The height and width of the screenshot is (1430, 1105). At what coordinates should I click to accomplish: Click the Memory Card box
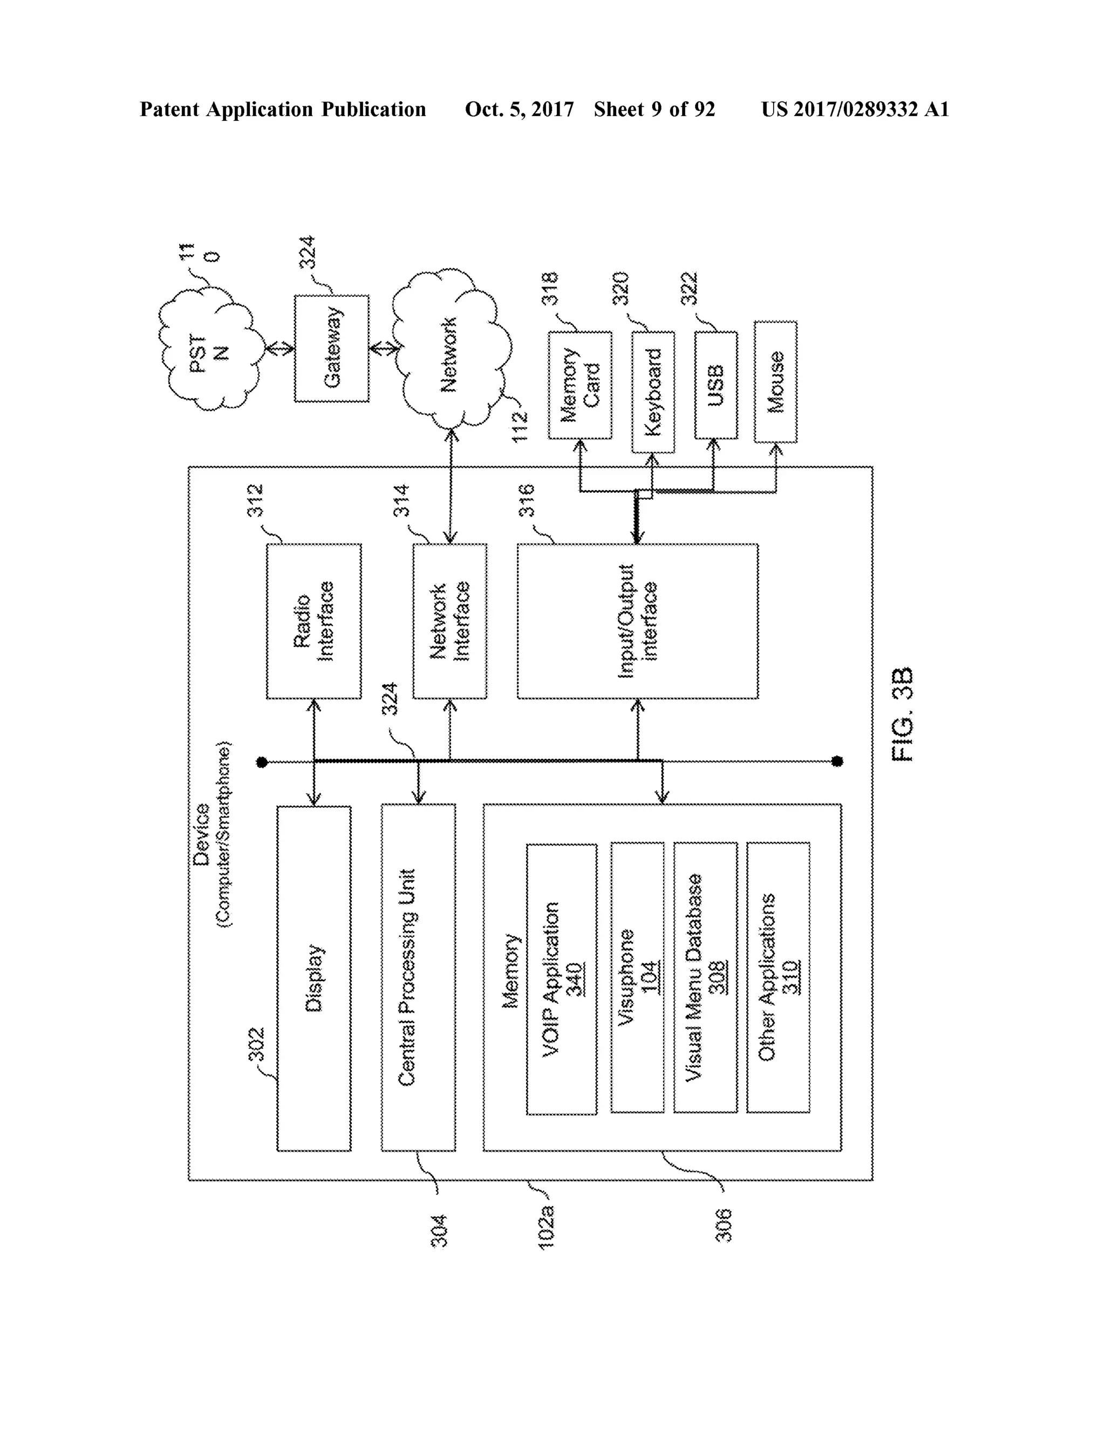click(580, 385)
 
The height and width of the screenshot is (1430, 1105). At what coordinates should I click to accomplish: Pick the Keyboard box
click(653, 392)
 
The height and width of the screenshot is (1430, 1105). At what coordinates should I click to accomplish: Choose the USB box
click(715, 385)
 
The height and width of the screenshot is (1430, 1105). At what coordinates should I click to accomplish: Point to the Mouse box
click(775, 382)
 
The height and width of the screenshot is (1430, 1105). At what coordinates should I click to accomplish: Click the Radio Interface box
click(313, 621)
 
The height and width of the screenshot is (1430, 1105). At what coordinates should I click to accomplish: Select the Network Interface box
click(450, 621)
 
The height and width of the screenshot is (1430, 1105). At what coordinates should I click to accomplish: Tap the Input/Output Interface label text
click(637, 621)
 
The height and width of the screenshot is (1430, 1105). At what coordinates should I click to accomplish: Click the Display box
click(313, 978)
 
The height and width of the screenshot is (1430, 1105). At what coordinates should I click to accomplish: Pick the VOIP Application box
click(561, 979)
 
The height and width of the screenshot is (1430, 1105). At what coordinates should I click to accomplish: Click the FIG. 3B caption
click(902, 714)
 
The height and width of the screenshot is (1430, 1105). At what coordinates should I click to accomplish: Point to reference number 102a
click(546, 1227)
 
